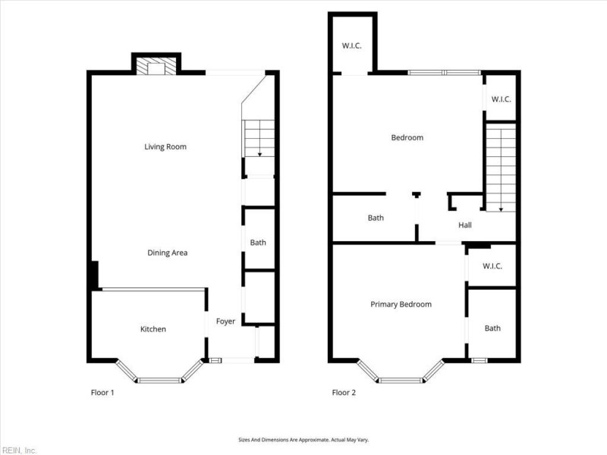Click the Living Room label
(165, 146)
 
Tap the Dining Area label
(167, 253)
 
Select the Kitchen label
(153, 329)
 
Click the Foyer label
(225, 322)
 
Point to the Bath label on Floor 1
(258, 243)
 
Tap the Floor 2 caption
(343, 393)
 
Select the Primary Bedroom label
(401, 304)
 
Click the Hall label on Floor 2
(464, 225)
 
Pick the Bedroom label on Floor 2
(407, 137)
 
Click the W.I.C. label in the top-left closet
(351, 45)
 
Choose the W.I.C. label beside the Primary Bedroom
(492, 268)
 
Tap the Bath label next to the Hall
(376, 218)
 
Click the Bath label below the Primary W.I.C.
(492, 328)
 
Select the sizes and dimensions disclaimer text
(303, 440)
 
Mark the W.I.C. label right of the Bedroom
(501, 99)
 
